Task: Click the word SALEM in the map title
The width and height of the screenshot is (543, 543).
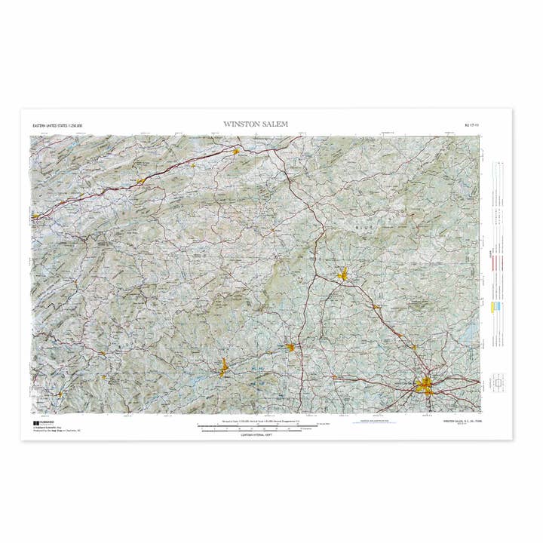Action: coord(275,124)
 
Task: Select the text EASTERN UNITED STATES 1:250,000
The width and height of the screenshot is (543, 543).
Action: coord(57,124)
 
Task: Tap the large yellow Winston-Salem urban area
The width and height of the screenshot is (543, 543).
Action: coord(425,387)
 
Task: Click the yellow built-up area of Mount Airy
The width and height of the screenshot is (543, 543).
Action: coord(343,275)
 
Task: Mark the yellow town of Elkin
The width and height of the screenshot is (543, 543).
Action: coord(291,347)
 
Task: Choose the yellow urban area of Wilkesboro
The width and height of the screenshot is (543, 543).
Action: coord(223,369)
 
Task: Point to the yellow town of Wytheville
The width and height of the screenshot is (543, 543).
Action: coord(235,152)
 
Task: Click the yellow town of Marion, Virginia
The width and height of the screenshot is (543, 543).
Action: coord(140,180)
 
